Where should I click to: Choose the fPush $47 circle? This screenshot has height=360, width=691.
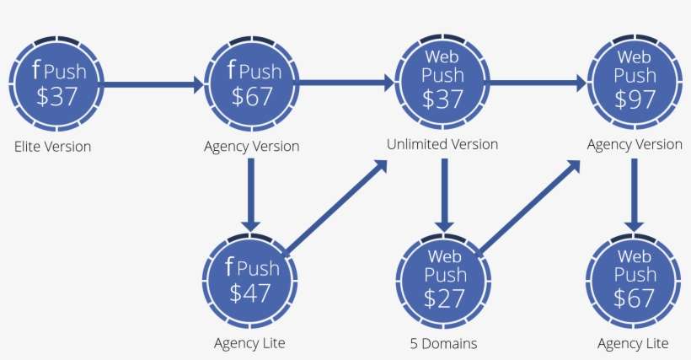(x=251, y=281)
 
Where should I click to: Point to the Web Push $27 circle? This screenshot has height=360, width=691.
(x=443, y=281)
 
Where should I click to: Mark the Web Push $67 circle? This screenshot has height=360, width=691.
(x=635, y=281)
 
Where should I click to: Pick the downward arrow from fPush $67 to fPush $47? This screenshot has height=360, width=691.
(x=251, y=194)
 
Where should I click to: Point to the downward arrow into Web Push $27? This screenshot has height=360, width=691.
(x=443, y=195)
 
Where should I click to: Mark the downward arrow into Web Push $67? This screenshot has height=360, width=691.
(x=635, y=195)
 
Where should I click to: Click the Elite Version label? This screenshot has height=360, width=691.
(x=52, y=147)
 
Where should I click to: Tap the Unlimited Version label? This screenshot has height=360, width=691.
(x=442, y=144)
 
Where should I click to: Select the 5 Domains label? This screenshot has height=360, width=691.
(x=443, y=343)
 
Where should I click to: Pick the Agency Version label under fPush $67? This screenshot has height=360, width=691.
(x=251, y=146)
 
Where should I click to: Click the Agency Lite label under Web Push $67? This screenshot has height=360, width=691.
(x=633, y=343)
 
